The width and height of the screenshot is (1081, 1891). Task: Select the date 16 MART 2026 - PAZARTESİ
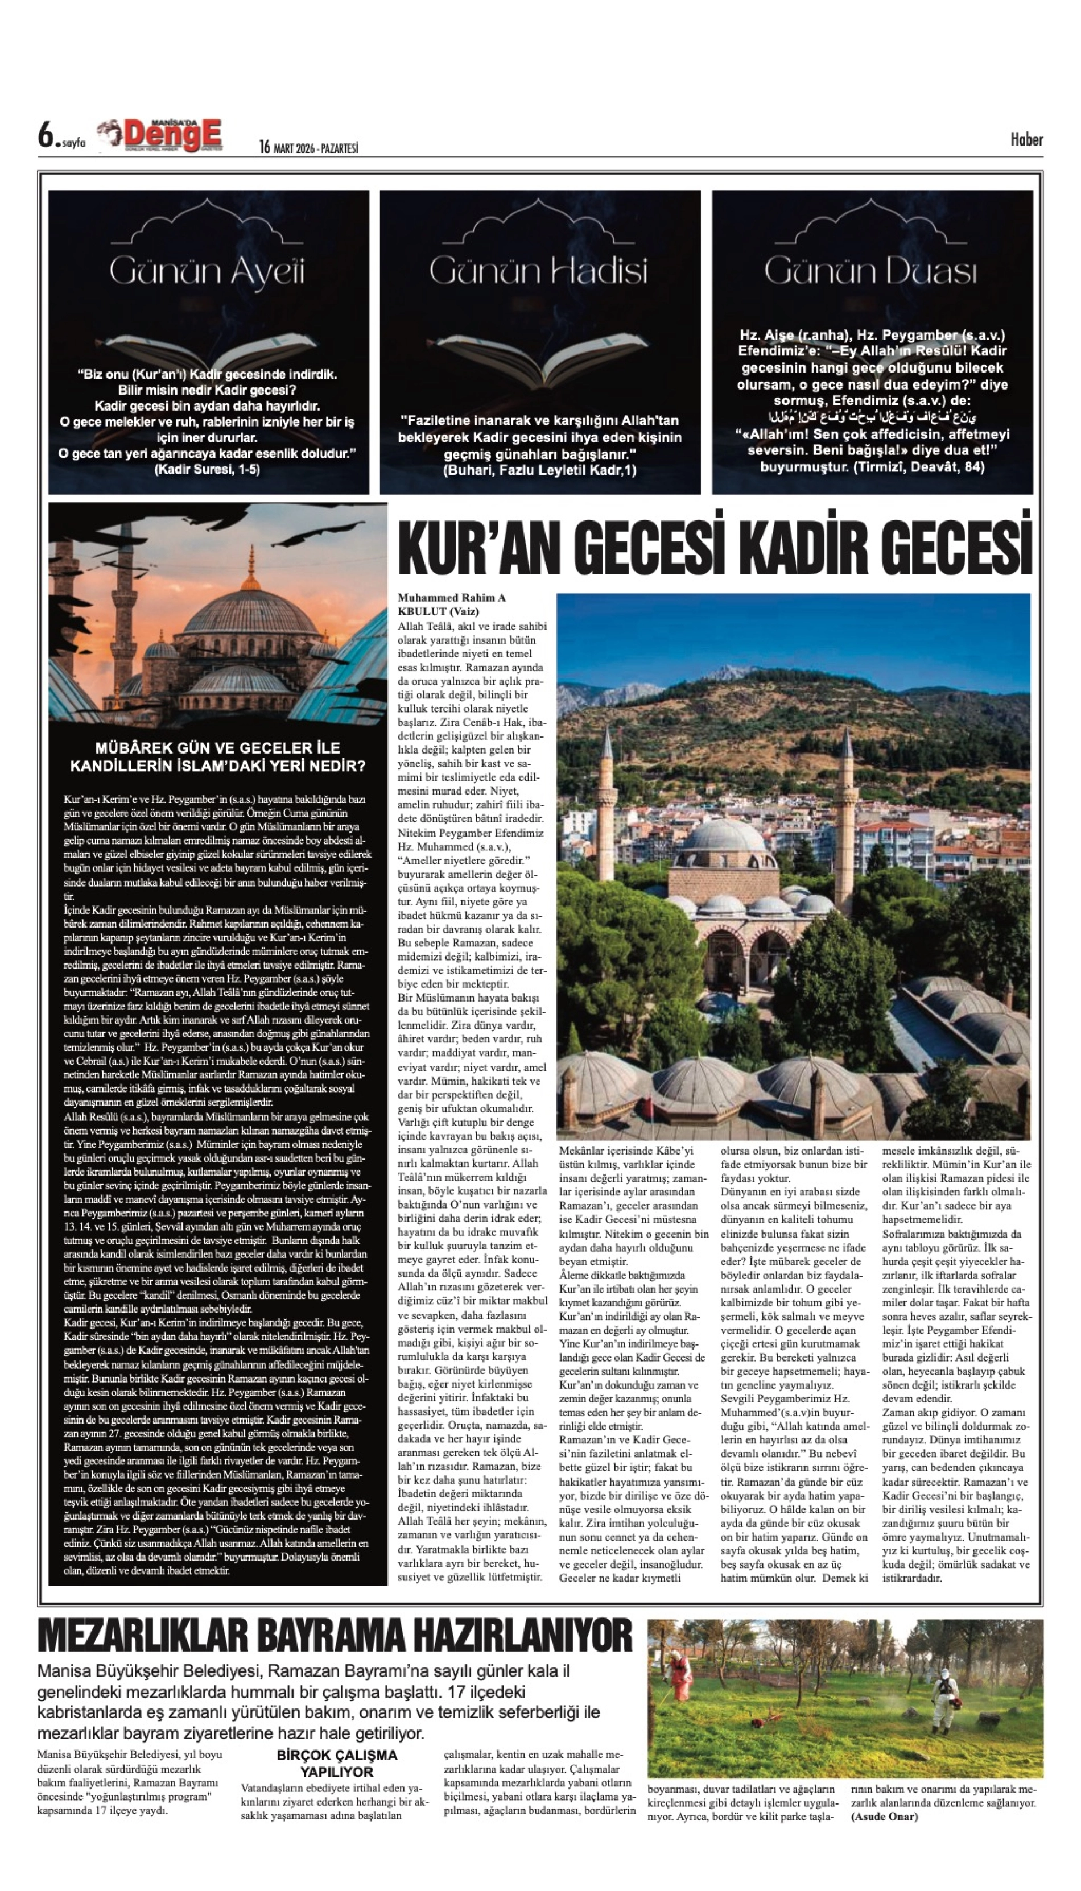[x=309, y=148]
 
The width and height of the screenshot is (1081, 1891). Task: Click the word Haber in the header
[x=1027, y=139]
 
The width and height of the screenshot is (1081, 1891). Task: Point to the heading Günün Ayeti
[x=207, y=272]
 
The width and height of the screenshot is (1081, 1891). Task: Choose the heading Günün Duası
[x=871, y=272]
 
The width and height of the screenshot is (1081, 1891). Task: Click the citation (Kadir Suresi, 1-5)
[x=207, y=469]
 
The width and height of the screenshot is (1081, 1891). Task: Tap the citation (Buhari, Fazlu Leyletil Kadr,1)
[x=540, y=470]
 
